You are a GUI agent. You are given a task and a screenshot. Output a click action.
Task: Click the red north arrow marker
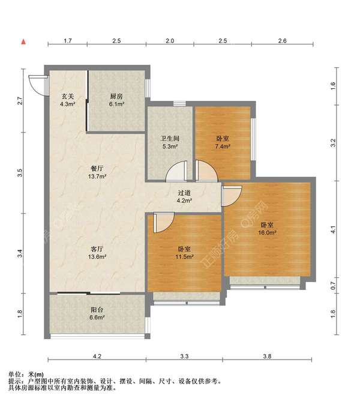coord(23,42)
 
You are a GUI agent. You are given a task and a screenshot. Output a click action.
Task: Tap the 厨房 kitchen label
coord(116,97)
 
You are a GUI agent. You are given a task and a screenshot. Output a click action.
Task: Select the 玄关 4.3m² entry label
coord(68,100)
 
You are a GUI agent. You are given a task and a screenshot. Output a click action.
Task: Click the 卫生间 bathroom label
coord(170,138)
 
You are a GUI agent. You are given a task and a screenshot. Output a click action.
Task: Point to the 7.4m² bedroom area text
coord(223,146)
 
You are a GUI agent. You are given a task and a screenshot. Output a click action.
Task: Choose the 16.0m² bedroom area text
coord(267,233)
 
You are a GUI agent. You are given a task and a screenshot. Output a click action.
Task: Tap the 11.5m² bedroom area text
coord(184,256)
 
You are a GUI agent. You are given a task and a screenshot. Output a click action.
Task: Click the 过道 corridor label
coord(184,193)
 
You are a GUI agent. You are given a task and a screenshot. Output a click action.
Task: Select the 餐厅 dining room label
coord(97,169)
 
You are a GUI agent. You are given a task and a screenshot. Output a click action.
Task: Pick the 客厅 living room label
coord(97,249)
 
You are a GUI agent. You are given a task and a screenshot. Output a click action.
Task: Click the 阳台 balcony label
coord(97,310)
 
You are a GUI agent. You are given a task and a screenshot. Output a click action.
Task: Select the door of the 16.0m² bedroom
coord(232,196)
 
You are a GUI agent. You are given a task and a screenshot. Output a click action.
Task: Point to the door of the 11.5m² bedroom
coord(164,223)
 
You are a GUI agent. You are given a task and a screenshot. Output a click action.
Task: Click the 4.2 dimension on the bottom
coord(97,357)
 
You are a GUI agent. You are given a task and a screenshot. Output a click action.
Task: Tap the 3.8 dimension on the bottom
coord(267,357)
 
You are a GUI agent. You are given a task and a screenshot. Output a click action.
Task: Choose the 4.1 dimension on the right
coord(333,229)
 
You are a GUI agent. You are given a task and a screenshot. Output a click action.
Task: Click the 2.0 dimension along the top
coord(170,41)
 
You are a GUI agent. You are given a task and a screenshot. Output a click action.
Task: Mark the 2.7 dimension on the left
coord(20,100)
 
